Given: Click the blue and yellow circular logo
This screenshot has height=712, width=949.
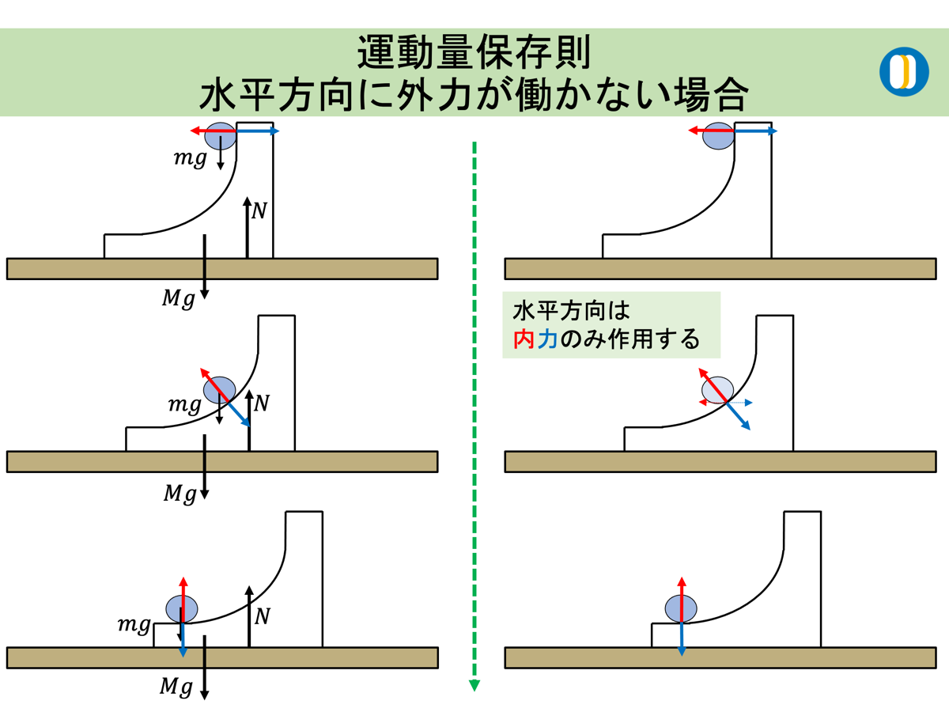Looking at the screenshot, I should (904, 72).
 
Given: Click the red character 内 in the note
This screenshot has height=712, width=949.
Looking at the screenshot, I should (525, 339).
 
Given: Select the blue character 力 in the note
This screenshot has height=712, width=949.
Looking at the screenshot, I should (547, 339).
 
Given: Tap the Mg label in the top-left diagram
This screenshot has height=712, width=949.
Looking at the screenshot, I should (178, 299).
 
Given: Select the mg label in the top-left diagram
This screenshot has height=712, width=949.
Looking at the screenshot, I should (190, 158).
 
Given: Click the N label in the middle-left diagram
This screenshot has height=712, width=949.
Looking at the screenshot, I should (262, 403).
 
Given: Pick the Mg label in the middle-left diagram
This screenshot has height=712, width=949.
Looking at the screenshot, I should (179, 494).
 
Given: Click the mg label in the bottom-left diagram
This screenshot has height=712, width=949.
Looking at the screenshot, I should (134, 625).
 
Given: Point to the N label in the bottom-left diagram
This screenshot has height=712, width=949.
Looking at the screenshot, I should (262, 615).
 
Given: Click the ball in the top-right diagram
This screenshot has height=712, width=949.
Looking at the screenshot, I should (719, 136).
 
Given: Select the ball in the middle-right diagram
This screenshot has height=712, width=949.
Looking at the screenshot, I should (718, 390).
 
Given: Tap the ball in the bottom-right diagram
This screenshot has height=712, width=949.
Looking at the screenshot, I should (681, 608).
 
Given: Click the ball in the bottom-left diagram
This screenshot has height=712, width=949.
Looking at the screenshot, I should (181, 608).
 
